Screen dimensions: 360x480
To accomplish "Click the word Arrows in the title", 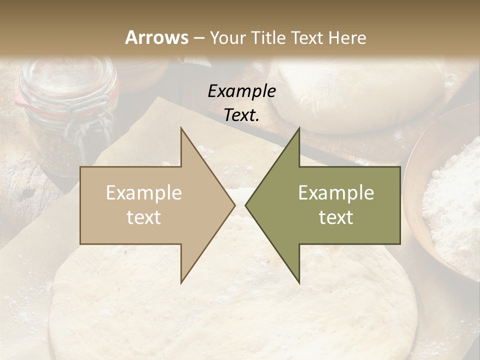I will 157,37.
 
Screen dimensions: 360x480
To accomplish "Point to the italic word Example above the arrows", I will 241,91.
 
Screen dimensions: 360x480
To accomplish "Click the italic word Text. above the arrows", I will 241,115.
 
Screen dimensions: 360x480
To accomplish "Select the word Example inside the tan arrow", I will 144,192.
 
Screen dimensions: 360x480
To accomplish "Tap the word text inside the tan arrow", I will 144,217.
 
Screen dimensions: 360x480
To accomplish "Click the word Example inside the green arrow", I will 336,192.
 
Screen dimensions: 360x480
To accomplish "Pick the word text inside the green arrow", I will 336,217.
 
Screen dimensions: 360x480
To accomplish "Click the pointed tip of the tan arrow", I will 234,205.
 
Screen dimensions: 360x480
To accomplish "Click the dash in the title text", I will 199,38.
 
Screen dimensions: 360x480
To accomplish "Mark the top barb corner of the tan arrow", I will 181,128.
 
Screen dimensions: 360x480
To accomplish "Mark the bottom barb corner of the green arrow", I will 299,282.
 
